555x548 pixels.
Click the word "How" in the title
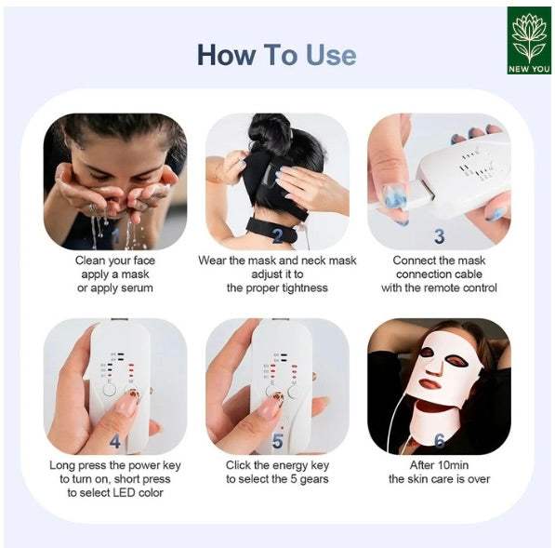click(225, 54)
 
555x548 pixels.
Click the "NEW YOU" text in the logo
click(528, 67)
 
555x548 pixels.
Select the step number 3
click(439, 236)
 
